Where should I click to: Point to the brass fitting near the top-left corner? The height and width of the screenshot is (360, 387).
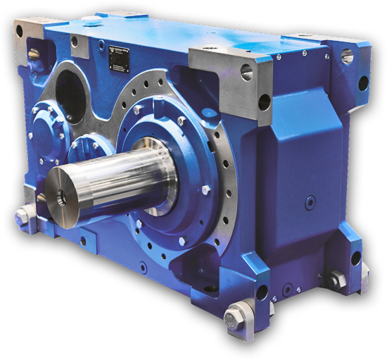click(x=33, y=51)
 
